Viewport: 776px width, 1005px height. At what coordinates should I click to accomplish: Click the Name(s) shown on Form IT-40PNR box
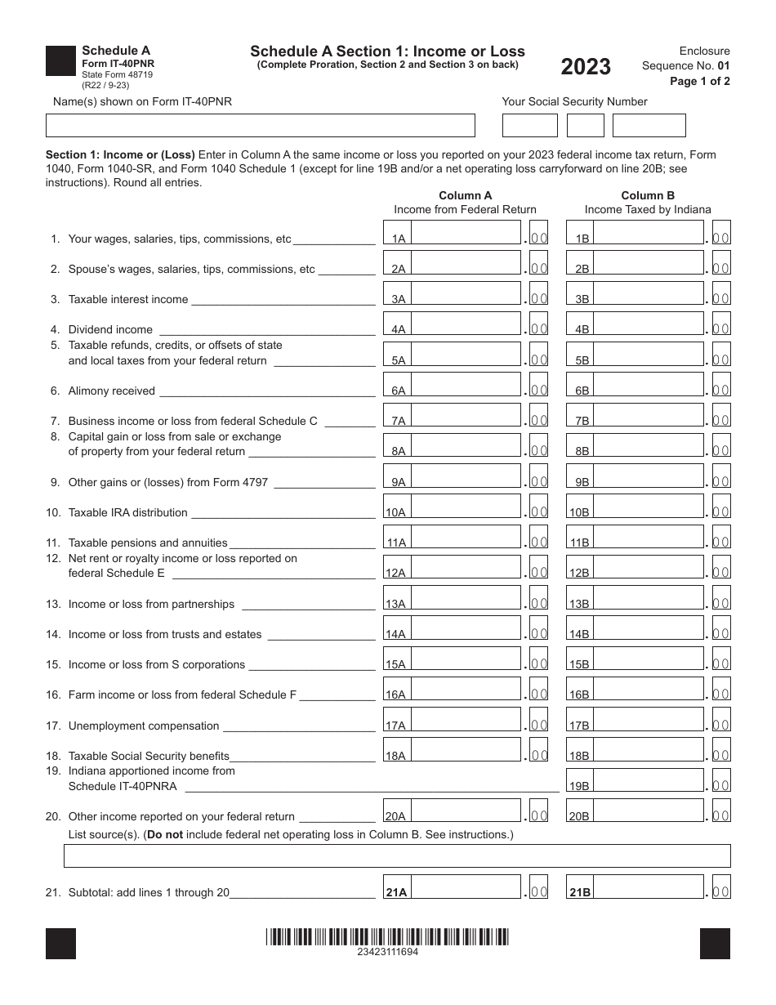point(260,125)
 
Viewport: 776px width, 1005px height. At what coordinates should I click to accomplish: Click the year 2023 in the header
point(585,67)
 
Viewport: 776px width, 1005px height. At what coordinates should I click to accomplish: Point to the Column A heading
point(465,195)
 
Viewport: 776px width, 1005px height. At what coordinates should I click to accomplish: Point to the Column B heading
point(648,195)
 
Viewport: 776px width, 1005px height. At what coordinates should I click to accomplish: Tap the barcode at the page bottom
point(387,936)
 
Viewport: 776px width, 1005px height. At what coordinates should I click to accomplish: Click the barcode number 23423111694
point(387,952)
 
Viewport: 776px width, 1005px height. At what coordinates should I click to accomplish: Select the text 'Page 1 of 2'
point(699,81)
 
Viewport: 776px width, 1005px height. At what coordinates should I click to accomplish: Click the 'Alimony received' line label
point(111,391)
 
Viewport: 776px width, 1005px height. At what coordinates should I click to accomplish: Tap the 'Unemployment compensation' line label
point(144,726)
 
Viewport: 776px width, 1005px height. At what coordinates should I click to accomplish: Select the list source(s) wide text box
point(397,855)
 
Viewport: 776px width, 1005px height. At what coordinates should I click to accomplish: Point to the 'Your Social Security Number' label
point(574,101)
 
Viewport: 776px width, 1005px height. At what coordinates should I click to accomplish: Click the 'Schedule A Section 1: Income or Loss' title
point(387,51)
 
